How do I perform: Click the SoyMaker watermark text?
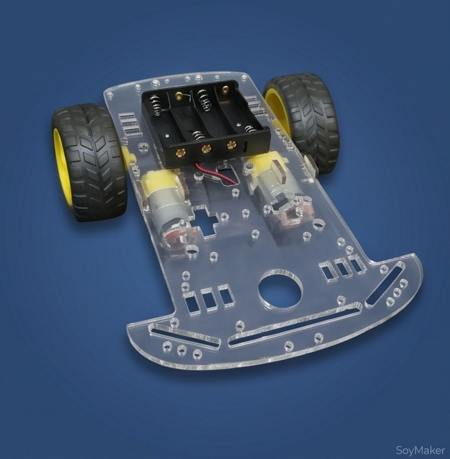pyautogui.click(x=420, y=449)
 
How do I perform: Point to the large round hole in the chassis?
pyautogui.click(x=280, y=289)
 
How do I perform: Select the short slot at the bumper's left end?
pyautogui.click(x=185, y=337)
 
